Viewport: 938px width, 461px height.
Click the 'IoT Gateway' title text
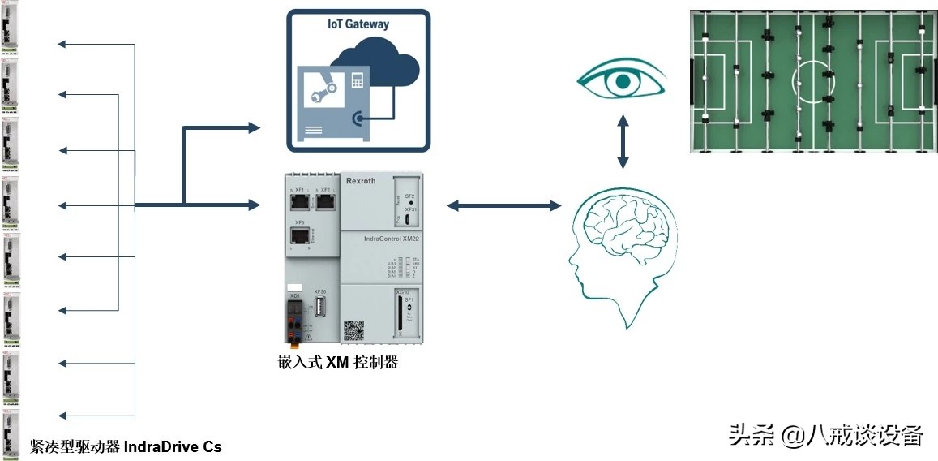[358, 24]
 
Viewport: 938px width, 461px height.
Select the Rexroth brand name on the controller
[361, 181]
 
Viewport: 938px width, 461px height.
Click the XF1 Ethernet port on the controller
[298, 202]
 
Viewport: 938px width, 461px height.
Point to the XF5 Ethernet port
[299, 236]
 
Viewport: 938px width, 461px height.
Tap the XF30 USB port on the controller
[320, 307]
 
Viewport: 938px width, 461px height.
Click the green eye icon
[622, 81]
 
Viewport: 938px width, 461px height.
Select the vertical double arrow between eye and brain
[623, 142]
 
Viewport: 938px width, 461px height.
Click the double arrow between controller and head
[503, 206]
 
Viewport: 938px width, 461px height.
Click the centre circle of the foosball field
[808, 82]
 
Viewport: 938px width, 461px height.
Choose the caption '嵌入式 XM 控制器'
[337, 362]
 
